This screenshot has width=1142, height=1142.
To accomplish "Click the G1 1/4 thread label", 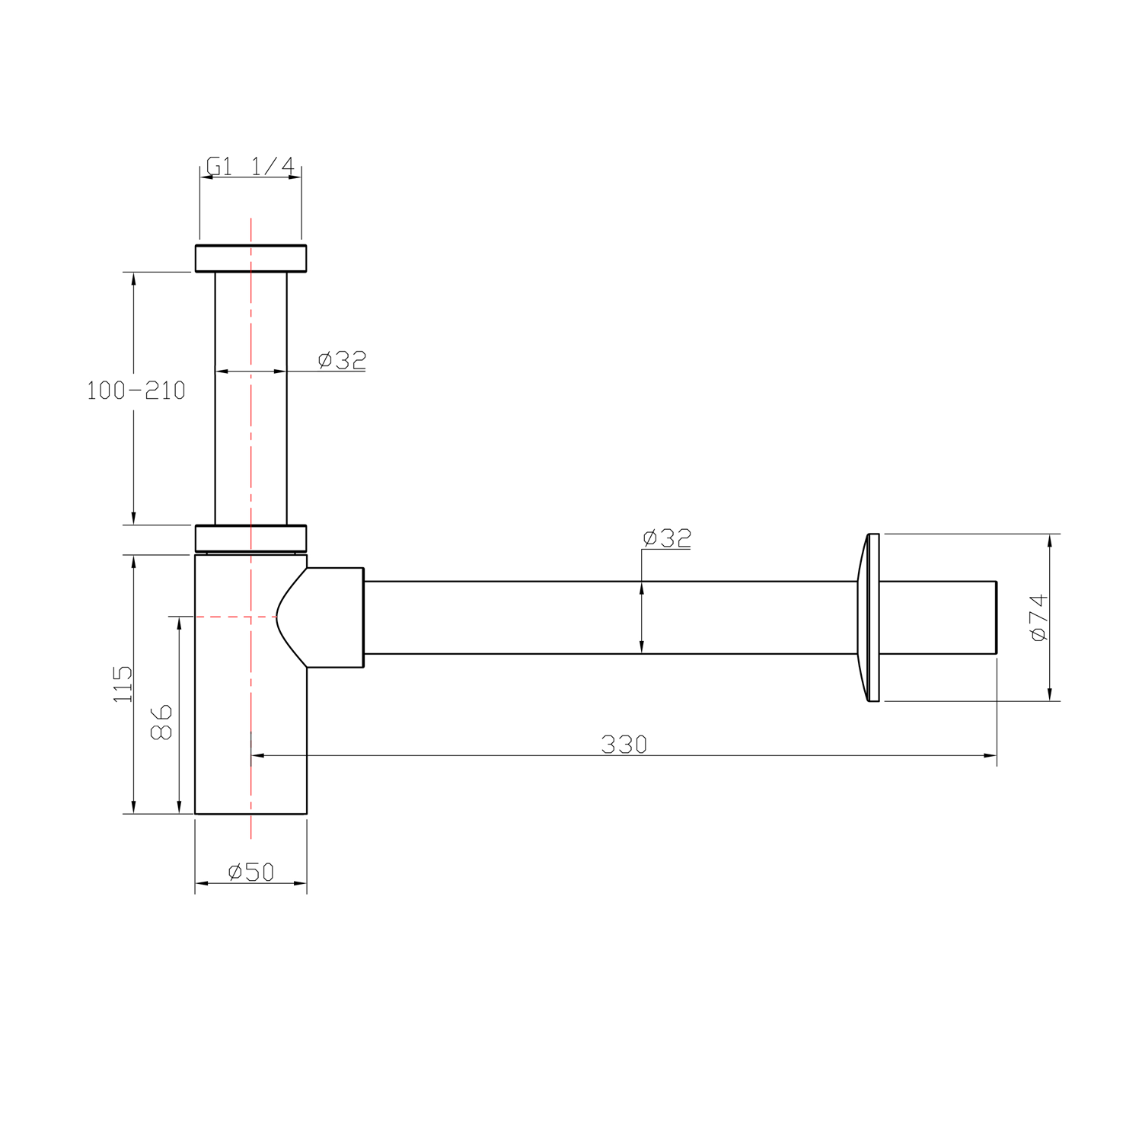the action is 250,166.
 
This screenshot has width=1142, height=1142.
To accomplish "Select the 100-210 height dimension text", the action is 136,391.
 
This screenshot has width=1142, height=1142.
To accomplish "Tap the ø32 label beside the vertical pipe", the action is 342,359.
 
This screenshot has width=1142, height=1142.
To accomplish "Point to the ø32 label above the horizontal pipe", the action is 667,538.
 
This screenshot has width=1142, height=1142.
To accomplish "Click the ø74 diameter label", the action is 1039,617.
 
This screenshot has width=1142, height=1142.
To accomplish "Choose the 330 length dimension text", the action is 624,744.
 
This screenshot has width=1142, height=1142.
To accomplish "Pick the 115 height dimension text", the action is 123,684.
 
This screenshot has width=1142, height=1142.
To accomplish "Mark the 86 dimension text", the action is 161,722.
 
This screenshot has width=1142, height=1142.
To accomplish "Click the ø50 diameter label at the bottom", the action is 250,871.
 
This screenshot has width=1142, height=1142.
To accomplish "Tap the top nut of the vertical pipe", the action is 250,258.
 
